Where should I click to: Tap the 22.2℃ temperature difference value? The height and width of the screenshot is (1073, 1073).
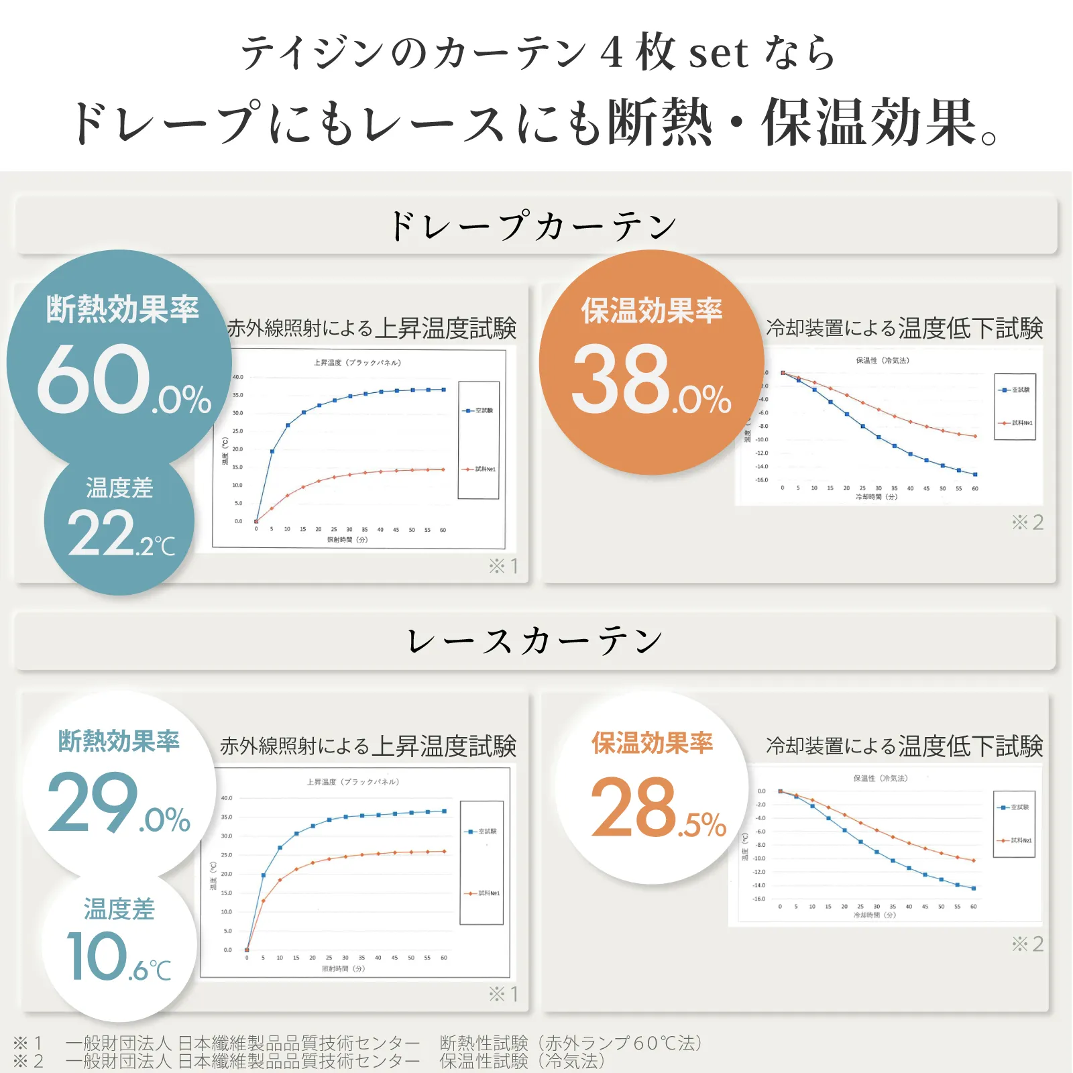point(121,534)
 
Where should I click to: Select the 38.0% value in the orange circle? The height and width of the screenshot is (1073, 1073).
point(651,380)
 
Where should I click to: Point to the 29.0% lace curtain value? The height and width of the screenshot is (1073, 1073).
point(119,803)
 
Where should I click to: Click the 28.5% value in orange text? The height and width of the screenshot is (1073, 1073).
point(658,807)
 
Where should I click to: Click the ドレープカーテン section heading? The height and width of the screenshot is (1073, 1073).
point(534,226)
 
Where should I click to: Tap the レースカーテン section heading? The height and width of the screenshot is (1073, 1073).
point(534,641)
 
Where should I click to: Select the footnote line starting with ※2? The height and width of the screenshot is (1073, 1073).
point(308,1061)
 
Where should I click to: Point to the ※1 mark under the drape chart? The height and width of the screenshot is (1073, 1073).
point(503,566)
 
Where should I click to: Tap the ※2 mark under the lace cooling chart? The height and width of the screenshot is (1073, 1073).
point(1027,944)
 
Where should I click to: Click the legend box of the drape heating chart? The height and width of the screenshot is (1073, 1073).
point(478,440)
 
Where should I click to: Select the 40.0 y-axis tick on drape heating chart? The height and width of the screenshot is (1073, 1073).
point(238,377)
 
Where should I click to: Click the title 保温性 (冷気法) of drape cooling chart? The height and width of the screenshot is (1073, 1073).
point(883,361)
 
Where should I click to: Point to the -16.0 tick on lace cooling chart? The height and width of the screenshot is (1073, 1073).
point(758,899)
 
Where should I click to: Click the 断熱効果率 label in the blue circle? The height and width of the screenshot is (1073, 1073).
point(123,310)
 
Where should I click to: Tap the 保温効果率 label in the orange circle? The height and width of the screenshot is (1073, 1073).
point(651,311)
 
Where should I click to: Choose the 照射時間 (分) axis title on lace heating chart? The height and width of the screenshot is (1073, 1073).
point(343,968)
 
